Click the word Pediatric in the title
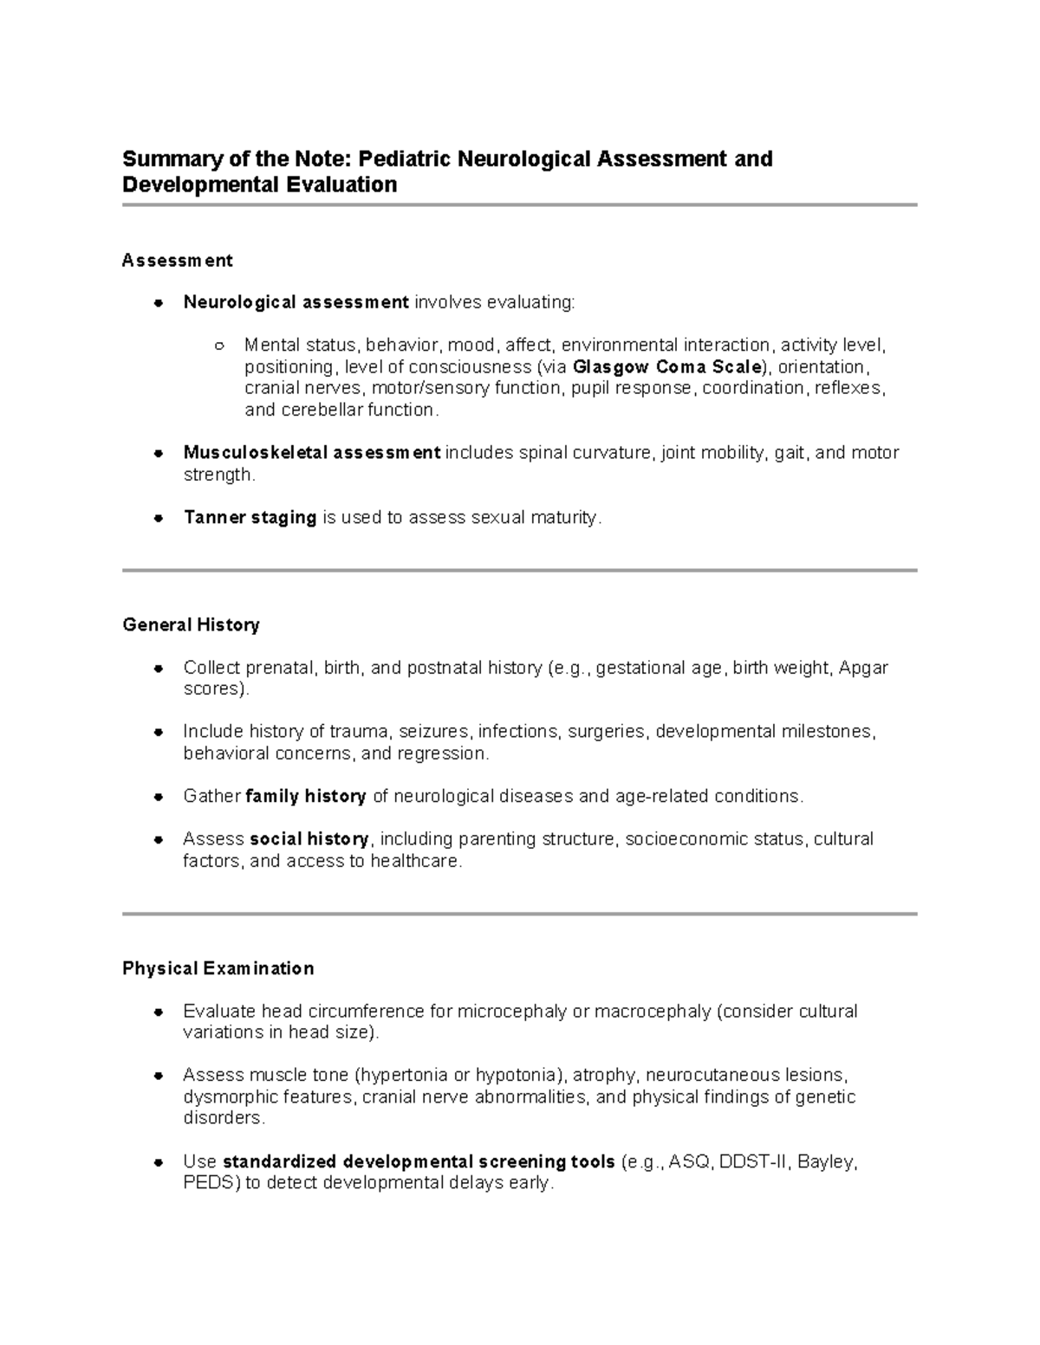click(405, 159)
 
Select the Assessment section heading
click(178, 260)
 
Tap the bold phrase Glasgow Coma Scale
click(666, 366)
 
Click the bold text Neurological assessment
click(296, 302)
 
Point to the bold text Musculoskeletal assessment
click(311, 452)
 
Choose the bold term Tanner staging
click(250, 517)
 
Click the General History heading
click(191, 624)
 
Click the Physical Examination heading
click(218, 968)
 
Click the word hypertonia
click(403, 1075)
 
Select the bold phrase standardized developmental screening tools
click(419, 1161)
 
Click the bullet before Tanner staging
click(158, 518)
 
